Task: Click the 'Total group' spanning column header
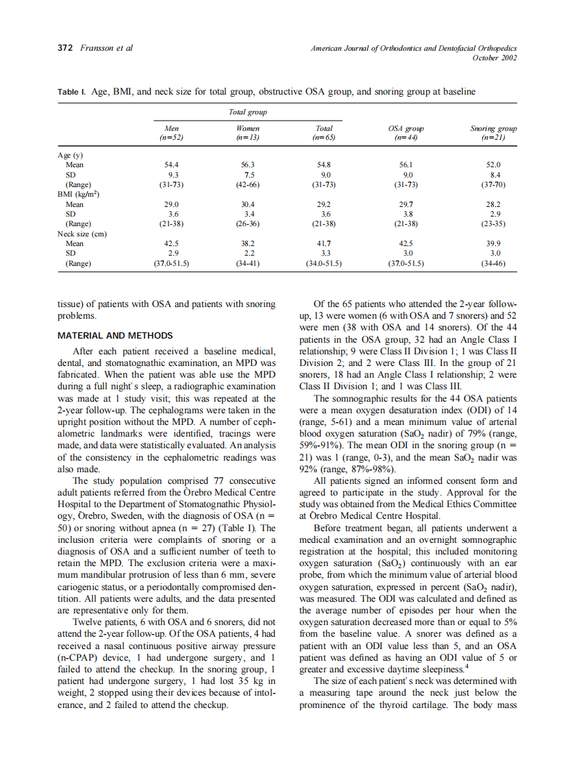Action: pyautogui.click(x=247, y=112)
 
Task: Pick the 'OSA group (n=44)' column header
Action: pyautogui.click(x=405, y=132)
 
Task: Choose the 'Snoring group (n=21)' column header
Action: pyautogui.click(x=493, y=132)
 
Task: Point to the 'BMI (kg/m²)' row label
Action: pyautogui.click(x=78, y=195)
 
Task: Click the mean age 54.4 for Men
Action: pyautogui.click(x=171, y=165)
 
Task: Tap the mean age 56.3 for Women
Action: pyautogui.click(x=247, y=165)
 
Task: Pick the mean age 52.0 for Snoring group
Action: pyautogui.click(x=493, y=165)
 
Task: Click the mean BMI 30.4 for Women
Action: pyautogui.click(x=247, y=204)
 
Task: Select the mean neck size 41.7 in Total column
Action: pyautogui.click(x=323, y=243)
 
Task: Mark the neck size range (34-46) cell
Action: pyautogui.click(x=493, y=263)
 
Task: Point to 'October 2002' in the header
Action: pyautogui.click(x=495, y=58)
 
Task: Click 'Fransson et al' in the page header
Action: pyautogui.click(x=106, y=48)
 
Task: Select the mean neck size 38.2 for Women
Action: pyautogui.click(x=247, y=243)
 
